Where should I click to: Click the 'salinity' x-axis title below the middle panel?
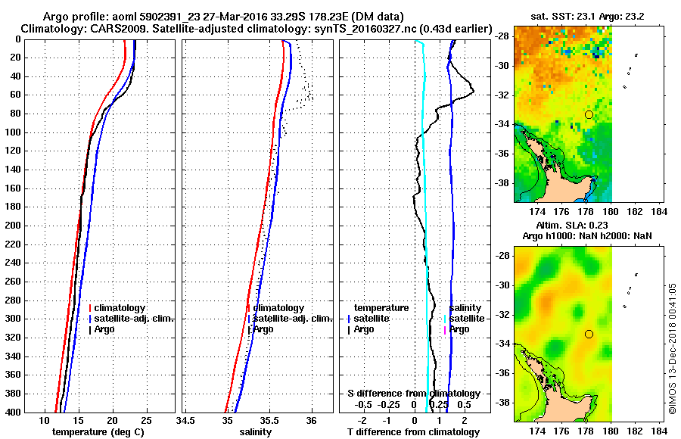(255, 432)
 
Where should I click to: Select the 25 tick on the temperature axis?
(146, 420)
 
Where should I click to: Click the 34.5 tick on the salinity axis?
(185, 420)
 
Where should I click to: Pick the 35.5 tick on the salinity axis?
(269, 420)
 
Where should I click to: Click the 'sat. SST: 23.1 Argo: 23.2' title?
(590, 16)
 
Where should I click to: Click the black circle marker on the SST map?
(589, 114)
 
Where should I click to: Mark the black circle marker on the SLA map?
(589, 334)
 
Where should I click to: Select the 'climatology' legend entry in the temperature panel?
(120, 308)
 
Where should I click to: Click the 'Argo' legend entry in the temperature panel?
(107, 329)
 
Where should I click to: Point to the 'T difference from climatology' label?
(413, 432)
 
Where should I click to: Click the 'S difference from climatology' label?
(413, 394)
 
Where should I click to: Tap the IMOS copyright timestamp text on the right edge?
(672, 349)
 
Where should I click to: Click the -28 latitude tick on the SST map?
(503, 36)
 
